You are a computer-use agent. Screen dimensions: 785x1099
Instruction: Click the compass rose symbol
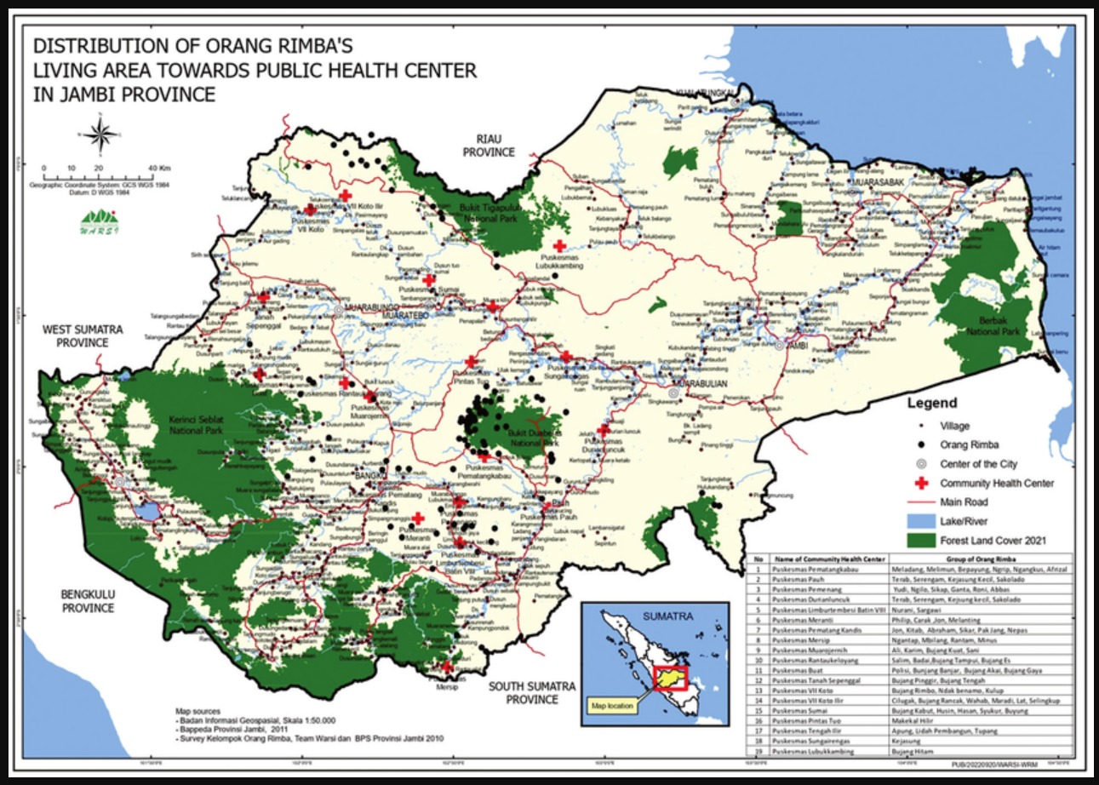click(x=100, y=135)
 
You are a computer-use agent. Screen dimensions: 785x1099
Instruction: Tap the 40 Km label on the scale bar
click(x=159, y=169)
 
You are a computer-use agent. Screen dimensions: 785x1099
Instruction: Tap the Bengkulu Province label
click(x=87, y=601)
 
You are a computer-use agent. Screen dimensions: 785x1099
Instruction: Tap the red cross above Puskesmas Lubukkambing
click(x=559, y=245)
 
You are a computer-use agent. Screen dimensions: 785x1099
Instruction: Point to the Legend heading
click(x=931, y=404)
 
